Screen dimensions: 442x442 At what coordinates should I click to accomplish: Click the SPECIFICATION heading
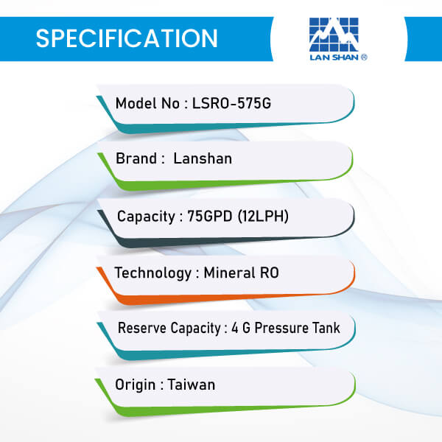pyautogui.click(x=127, y=38)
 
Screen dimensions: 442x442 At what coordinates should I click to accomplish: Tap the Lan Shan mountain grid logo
pyautogui.click(x=334, y=35)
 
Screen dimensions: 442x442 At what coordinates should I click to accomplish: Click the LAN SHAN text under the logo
pyautogui.click(x=334, y=57)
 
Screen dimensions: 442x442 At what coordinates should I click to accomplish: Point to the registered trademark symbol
pyautogui.click(x=364, y=57)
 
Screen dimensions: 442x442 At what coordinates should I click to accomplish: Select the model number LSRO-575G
pyautogui.click(x=231, y=103)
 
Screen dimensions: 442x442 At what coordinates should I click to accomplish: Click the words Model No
pyautogui.click(x=148, y=103)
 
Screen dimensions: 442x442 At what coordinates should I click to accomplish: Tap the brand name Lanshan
pyautogui.click(x=203, y=158)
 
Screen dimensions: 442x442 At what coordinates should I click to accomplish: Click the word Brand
pyautogui.click(x=136, y=158)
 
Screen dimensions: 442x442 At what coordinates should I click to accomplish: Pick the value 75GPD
pyautogui.click(x=210, y=216)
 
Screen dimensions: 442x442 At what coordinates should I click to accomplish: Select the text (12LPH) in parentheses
pyautogui.click(x=263, y=216)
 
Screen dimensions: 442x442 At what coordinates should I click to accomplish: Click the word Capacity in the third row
pyautogui.click(x=146, y=217)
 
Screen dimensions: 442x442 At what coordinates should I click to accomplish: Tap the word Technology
pyautogui.click(x=153, y=273)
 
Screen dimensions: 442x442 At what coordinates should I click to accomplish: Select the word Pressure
pyautogui.click(x=281, y=328)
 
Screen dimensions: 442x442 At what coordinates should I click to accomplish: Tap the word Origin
pyautogui.click(x=136, y=385)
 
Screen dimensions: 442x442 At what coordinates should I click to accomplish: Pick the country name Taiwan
pyautogui.click(x=192, y=385)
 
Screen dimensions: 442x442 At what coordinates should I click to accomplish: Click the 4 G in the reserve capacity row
pyautogui.click(x=241, y=328)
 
